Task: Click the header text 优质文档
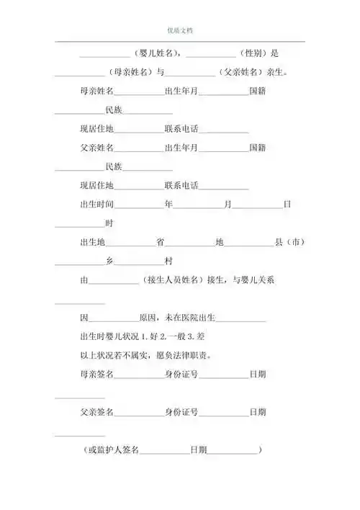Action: click(x=179, y=30)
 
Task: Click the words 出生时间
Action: click(x=96, y=205)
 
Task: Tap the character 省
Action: click(x=160, y=242)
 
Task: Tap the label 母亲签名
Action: click(x=96, y=374)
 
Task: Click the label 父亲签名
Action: click(x=96, y=412)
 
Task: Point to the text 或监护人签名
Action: click(x=114, y=449)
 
